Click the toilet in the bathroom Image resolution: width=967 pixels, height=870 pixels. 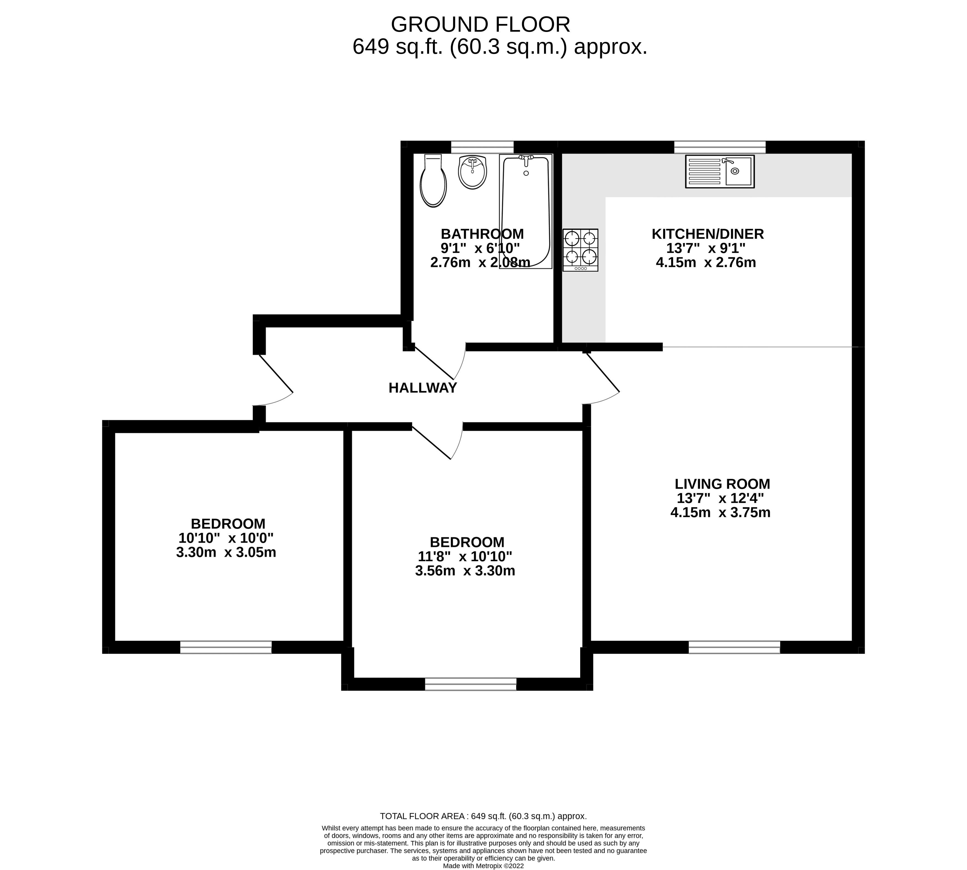[433, 182]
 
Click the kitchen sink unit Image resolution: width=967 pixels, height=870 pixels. [719, 171]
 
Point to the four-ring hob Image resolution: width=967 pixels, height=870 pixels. [580, 249]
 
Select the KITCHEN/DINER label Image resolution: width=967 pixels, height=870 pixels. [707, 234]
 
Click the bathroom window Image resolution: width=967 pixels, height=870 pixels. [482, 147]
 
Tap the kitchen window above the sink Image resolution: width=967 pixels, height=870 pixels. [719, 147]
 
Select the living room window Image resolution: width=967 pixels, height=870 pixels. [734, 647]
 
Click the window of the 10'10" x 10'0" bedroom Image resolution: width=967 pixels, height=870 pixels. [226, 647]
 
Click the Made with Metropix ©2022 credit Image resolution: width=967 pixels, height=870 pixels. [483, 866]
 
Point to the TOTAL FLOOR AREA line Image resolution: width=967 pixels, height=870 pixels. [483, 817]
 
